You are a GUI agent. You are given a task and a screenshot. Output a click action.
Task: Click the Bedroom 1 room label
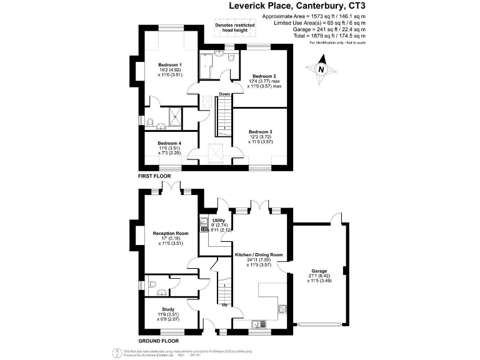(169, 65)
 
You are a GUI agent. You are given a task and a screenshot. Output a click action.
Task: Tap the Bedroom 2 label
(264, 76)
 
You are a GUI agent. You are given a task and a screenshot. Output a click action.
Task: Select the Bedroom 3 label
(260, 131)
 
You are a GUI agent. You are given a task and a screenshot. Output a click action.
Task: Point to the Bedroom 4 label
(169, 143)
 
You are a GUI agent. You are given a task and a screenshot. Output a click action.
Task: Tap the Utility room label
(219, 220)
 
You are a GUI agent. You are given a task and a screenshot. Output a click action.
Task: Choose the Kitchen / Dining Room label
(259, 255)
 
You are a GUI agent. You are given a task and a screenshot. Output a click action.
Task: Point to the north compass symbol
(321, 70)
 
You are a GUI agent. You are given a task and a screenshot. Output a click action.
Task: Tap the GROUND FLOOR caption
(159, 341)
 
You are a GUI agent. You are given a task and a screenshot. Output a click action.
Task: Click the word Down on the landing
(224, 94)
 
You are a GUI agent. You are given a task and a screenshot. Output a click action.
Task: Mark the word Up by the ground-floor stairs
(224, 306)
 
